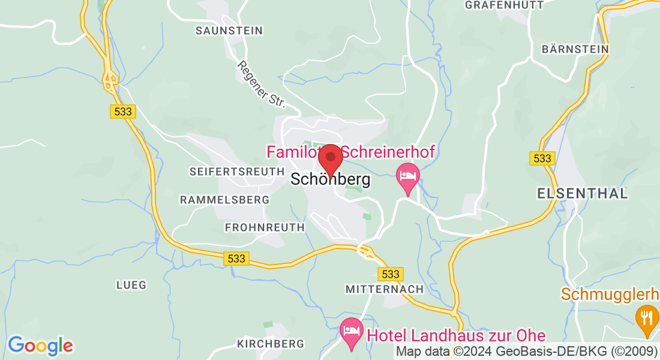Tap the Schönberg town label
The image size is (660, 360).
point(330,179)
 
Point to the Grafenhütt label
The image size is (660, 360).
point(504,5)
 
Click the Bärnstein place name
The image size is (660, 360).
point(575,49)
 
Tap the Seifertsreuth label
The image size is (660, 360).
point(236,172)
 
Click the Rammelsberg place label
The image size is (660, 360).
point(224,199)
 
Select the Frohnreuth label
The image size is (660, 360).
point(265,227)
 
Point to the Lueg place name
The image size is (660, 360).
point(131,285)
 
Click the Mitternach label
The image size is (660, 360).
point(385,289)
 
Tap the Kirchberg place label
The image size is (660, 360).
point(271,344)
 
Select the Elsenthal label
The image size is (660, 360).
point(582,194)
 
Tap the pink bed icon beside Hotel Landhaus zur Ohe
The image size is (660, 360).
point(351,331)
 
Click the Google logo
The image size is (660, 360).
point(40,346)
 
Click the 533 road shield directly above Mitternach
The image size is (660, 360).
point(390,274)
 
